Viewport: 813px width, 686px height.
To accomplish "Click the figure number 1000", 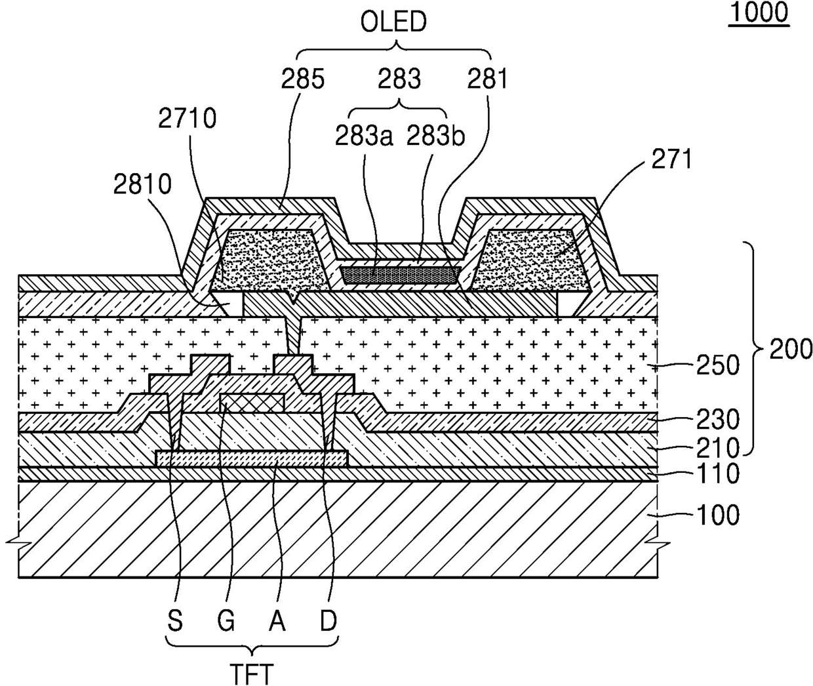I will [x=758, y=12].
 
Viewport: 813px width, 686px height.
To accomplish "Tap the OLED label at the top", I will [x=394, y=23].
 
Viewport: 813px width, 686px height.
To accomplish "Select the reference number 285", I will [x=303, y=79].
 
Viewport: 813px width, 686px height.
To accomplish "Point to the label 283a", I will [x=364, y=136].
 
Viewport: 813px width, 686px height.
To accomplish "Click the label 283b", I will [x=436, y=136].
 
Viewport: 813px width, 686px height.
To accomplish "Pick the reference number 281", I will [x=487, y=79].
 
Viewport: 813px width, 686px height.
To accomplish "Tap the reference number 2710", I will [x=187, y=119].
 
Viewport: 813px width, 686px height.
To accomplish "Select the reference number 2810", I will [x=142, y=185].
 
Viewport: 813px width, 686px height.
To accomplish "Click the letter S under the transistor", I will [x=174, y=620].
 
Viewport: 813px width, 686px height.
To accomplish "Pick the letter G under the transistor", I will [x=226, y=620].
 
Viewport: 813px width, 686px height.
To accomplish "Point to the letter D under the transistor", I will [x=328, y=620].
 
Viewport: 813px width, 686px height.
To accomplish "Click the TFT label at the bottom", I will [x=252, y=673].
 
